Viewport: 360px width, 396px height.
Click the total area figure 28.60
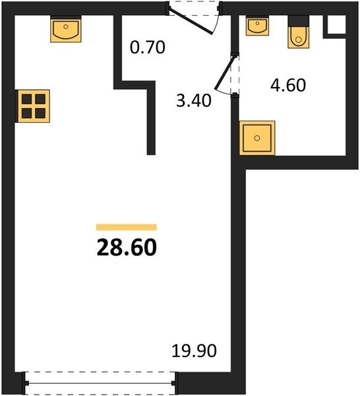[x=127, y=247]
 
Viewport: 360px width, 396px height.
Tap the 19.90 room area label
[x=194, y=350]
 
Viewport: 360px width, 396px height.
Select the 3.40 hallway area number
[x=193, y=100]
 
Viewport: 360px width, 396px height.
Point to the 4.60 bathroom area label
[x=288, y=85]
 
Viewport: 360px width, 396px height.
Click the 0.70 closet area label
[x=148, y=48]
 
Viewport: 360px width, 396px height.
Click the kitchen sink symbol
[x=66, y=29]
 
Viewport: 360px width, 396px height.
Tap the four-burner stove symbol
[x=34, y=106]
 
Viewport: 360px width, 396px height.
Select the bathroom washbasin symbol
[x=257, y=26]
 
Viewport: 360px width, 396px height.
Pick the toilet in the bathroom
[x=299, y=32]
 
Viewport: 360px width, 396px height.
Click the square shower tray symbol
[x=257, y=138]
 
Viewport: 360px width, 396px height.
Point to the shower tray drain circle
[x=257, y=138]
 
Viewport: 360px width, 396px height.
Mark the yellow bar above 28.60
[x=127, y=227]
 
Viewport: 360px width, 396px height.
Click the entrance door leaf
[x=191, y=22]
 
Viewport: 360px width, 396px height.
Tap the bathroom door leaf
[x=225, y=73]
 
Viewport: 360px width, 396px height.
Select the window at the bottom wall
[x=100, y=383]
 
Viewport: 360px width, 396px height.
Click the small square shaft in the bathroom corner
[x=336, y=24]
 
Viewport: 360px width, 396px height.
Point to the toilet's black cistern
[x=299, y=21]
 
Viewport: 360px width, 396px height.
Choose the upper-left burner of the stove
[x=26, y=99]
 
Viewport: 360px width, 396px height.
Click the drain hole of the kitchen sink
[x=66, y=26]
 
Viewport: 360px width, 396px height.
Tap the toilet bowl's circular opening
[x=299, y=40]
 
